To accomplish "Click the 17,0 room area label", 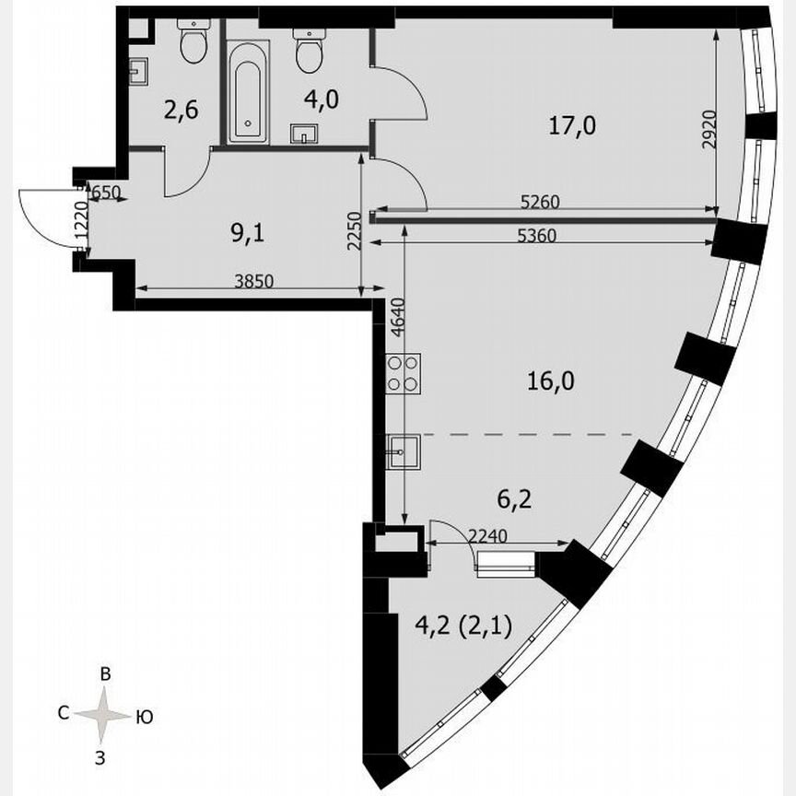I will click(573, 126).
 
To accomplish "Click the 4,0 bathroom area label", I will click(322, 99).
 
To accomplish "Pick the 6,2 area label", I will click(540, 500).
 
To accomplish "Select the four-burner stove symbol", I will click(404, 372).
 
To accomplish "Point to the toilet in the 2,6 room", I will click(193, 42).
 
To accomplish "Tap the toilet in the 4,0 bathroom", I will click(309, 53).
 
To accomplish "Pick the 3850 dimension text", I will click(253, 284).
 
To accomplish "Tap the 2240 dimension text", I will click(488, 534).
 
